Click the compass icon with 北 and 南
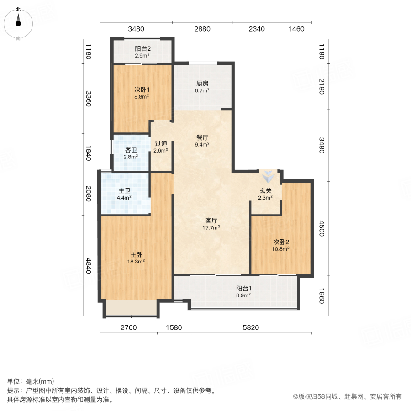pyautogui.click(x=18, y=23)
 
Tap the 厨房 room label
pyautogui.click(x=202, y=84)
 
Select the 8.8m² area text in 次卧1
pyautogui.click(x=142, y=97)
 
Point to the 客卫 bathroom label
pyautogui.click(x=131, y=150)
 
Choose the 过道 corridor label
pyautogui.click(x=161, y=143)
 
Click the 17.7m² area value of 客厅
pyautogui.click(x=211, y=227)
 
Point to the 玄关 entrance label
pyautogui.click(x=265, y=190)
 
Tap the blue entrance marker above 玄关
pyautogui.click(x=268, y=175)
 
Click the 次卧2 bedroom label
pyautogui.click(x=281, y=242)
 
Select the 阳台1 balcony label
pyautogui.click(x=243, y=288)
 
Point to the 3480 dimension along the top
pyautogui.click(x=136, y=29)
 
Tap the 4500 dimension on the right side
pyautogui.click(x=321, y=228)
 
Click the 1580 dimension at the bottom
pyautogui.click(x=174, y=327)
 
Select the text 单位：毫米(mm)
pyautogui.click(x=30, y=382)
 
